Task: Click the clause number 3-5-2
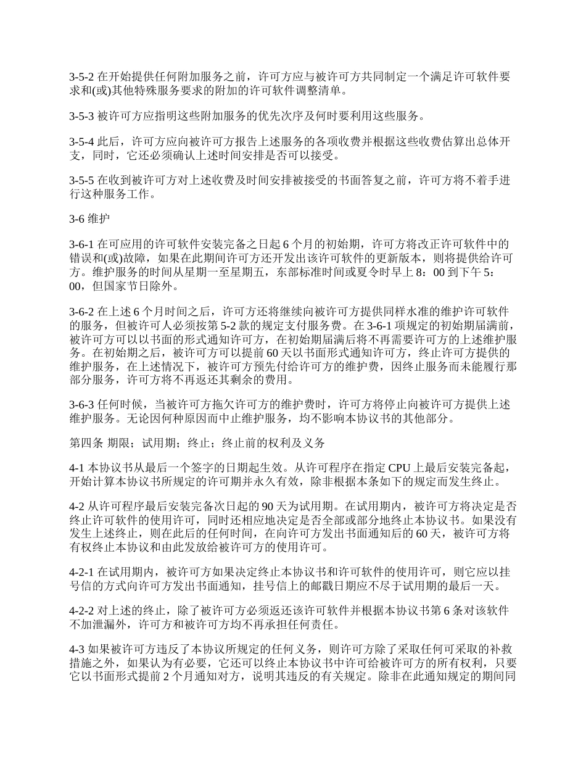pos(81,77)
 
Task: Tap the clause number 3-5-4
pos(81,142)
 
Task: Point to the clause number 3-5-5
pos(81,181)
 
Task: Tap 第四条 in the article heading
pos(86,443)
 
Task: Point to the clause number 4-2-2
pos(81,612)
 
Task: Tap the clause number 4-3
pos(77,650)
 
